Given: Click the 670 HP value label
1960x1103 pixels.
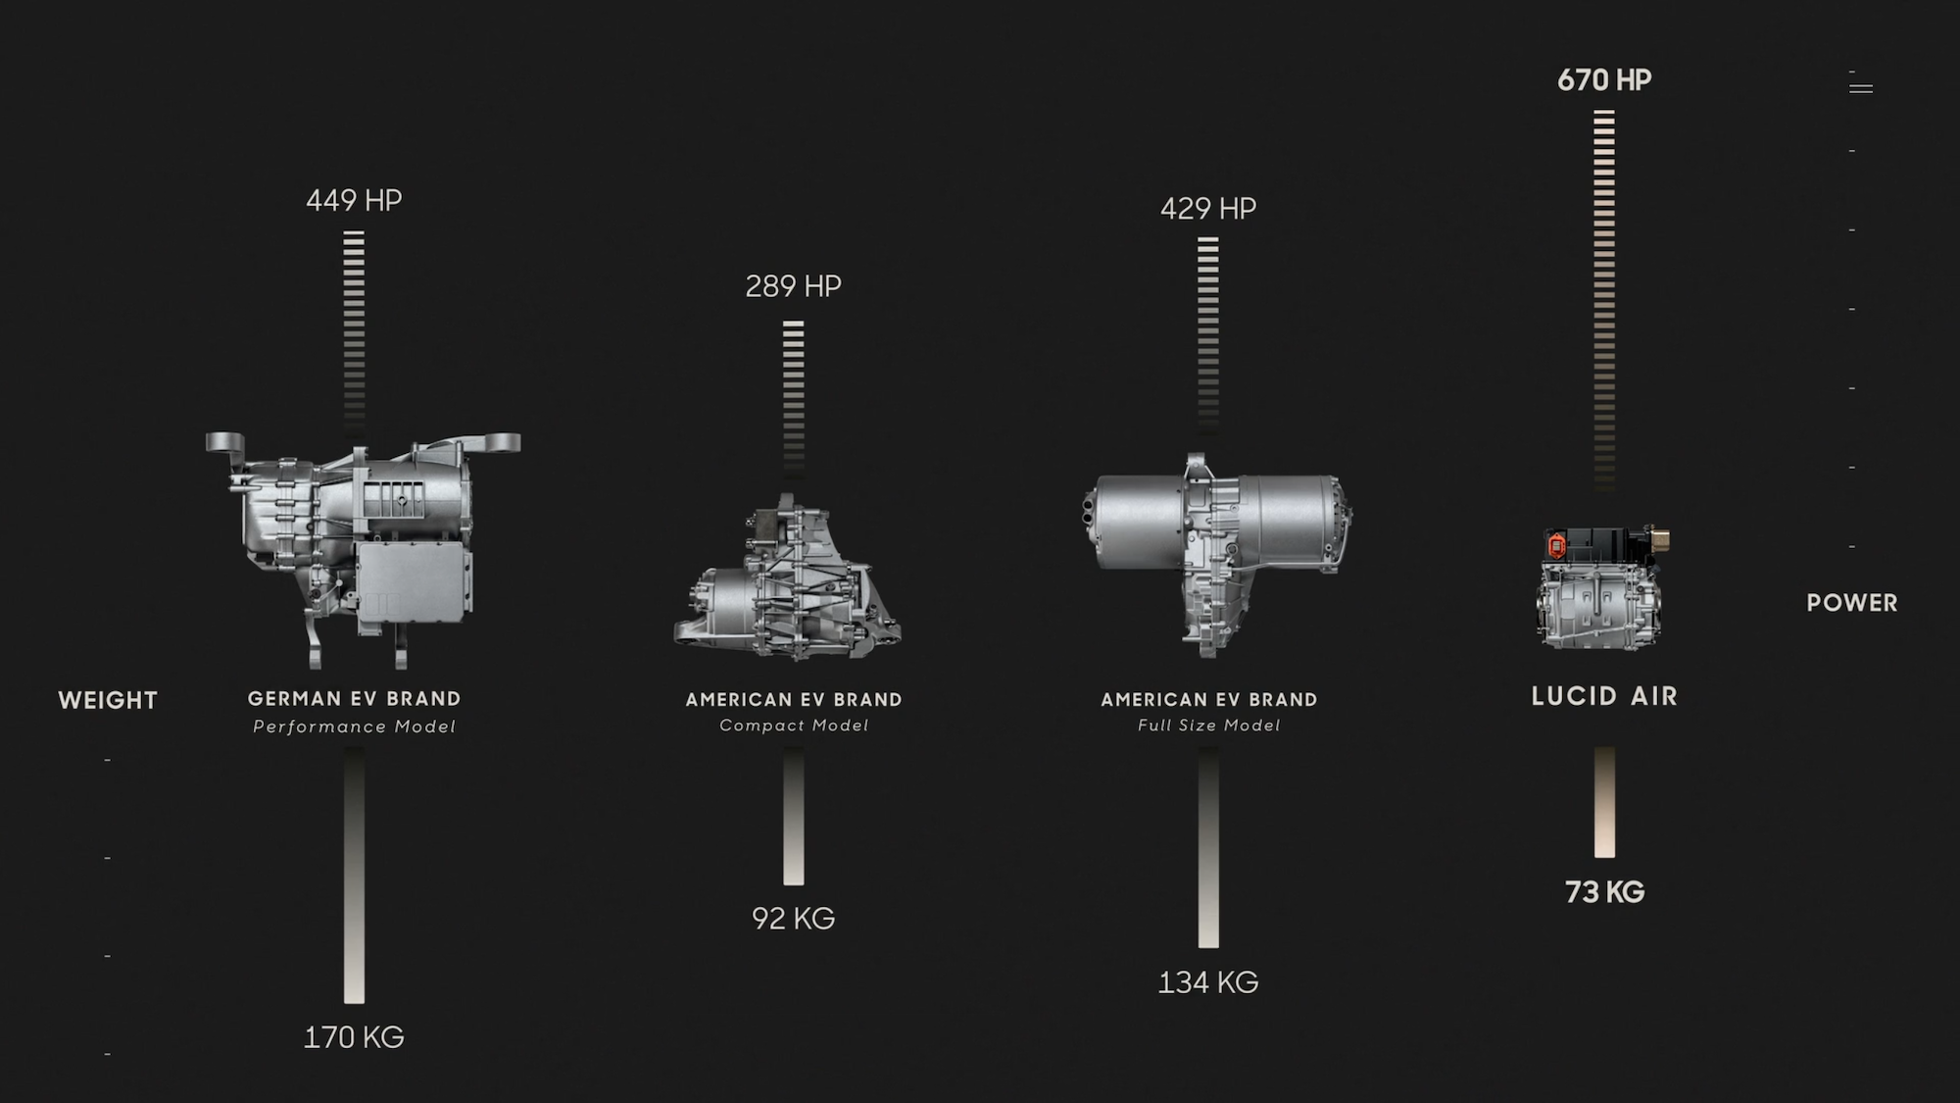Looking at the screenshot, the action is (1604, 79).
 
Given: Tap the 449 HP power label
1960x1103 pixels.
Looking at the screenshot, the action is (354, 200).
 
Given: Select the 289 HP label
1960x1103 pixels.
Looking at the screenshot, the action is (793, 286).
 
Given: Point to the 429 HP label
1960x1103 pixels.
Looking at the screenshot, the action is (1208, 208).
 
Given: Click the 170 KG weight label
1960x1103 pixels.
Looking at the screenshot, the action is (354, 1037).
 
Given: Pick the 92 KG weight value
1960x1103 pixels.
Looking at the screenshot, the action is (793, 919).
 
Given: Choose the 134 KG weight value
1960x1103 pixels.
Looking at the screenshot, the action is (1208, 982).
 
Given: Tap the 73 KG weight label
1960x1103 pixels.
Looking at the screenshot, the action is (1604, 892).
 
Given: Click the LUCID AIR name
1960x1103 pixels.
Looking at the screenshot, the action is (1604, 696).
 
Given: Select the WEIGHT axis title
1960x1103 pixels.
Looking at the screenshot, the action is (108, 700).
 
